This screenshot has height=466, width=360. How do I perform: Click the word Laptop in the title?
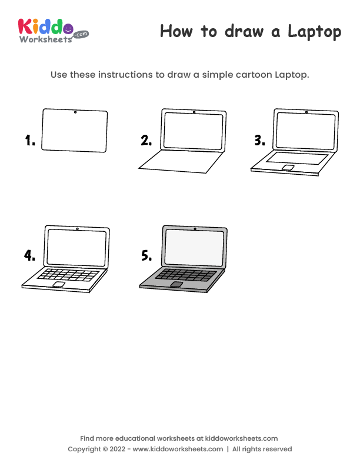(314, 32)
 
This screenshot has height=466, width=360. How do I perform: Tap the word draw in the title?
(243, 32)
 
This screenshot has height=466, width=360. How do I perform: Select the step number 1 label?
(30, 141)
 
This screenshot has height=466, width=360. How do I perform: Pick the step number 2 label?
(146, 141)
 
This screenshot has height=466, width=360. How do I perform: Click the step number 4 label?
(29, 255)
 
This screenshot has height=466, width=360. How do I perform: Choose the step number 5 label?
(146, 255)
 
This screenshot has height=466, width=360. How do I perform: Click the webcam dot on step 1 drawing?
(75, 112)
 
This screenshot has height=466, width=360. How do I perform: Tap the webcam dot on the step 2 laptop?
(194, 112)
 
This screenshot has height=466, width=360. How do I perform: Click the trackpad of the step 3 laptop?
(288, 168)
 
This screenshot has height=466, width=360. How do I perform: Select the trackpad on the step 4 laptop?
(59, 284)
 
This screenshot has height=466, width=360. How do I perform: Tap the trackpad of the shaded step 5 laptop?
(176, 284)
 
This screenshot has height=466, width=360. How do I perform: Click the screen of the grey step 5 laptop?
(195, 247)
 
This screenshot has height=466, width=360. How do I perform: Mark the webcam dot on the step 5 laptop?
(195, 228)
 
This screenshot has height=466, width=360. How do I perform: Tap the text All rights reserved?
(262, 449)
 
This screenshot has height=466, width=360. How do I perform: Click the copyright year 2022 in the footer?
(116, 449)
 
